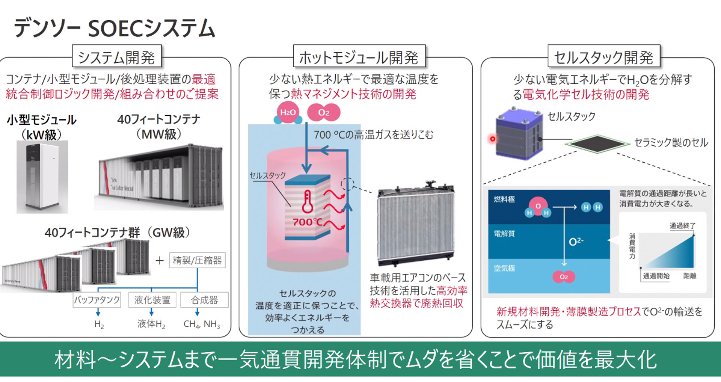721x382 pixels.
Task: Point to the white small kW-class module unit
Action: click(42, 177)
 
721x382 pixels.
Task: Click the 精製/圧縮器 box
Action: click(197, 260)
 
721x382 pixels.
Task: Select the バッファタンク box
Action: click(97, 300)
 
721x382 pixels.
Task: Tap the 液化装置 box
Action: click(152, 300)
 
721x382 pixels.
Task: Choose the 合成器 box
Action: click(204, 300)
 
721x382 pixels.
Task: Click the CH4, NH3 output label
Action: click(202, 324)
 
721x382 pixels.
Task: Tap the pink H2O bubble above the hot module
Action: click(288, 112)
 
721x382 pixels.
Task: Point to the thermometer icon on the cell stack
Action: click(308, 202)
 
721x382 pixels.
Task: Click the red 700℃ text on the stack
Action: click(307, 222)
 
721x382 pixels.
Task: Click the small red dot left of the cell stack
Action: click(493, 139)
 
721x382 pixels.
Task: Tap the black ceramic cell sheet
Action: click(597, 143)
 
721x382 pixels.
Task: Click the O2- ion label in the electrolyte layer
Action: click(576, 242)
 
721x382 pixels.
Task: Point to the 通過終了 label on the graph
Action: click(682, 226)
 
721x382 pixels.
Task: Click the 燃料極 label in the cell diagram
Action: click(504, 199)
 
